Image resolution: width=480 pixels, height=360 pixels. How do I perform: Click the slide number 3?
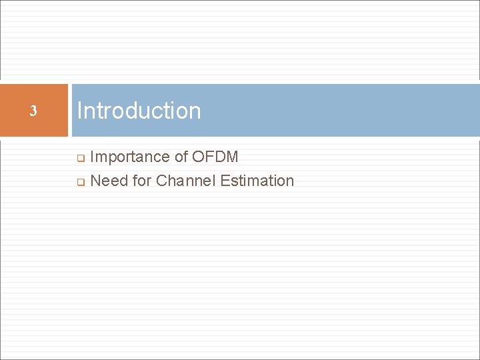(33, 111)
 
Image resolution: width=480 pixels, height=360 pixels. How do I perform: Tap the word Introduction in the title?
(139, 111)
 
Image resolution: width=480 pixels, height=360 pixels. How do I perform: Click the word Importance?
(130, 157)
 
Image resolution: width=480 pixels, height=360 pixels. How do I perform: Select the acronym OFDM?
(215, 157)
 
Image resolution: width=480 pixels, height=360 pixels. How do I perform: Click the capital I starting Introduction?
(79, 111)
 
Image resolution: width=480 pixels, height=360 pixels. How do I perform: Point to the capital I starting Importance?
(92, 157)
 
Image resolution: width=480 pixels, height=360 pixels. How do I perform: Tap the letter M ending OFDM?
(232, 157)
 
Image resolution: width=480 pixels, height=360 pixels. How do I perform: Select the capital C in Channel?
(162, 181)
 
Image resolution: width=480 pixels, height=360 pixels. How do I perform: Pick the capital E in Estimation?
(223, 181)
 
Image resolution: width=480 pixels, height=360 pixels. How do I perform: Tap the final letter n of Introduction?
(195, 111)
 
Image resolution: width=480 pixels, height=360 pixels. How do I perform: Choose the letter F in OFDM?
(209, 157)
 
